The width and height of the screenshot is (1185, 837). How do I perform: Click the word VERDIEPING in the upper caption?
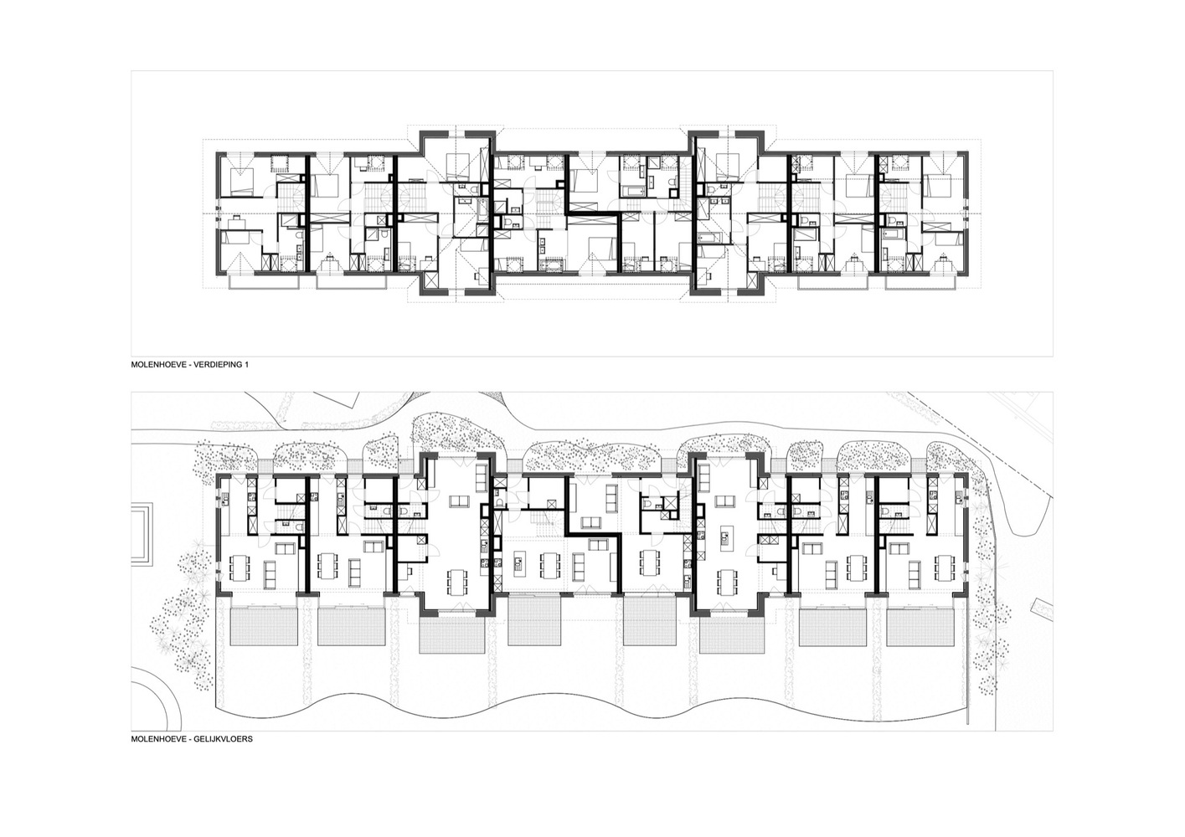[215, 365]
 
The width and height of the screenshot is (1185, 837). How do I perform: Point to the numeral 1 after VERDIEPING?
[246, 365]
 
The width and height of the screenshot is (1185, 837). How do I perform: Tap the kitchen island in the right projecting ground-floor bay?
[724, 539]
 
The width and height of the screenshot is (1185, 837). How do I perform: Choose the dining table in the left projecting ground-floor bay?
[458, 582]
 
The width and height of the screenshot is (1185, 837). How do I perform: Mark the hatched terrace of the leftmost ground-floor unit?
[265, 626]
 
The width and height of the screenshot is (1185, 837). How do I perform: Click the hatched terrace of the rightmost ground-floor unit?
[920, 626]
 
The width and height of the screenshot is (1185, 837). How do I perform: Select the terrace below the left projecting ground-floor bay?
[452, 634]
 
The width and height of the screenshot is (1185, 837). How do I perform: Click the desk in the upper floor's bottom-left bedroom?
[236, 223]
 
